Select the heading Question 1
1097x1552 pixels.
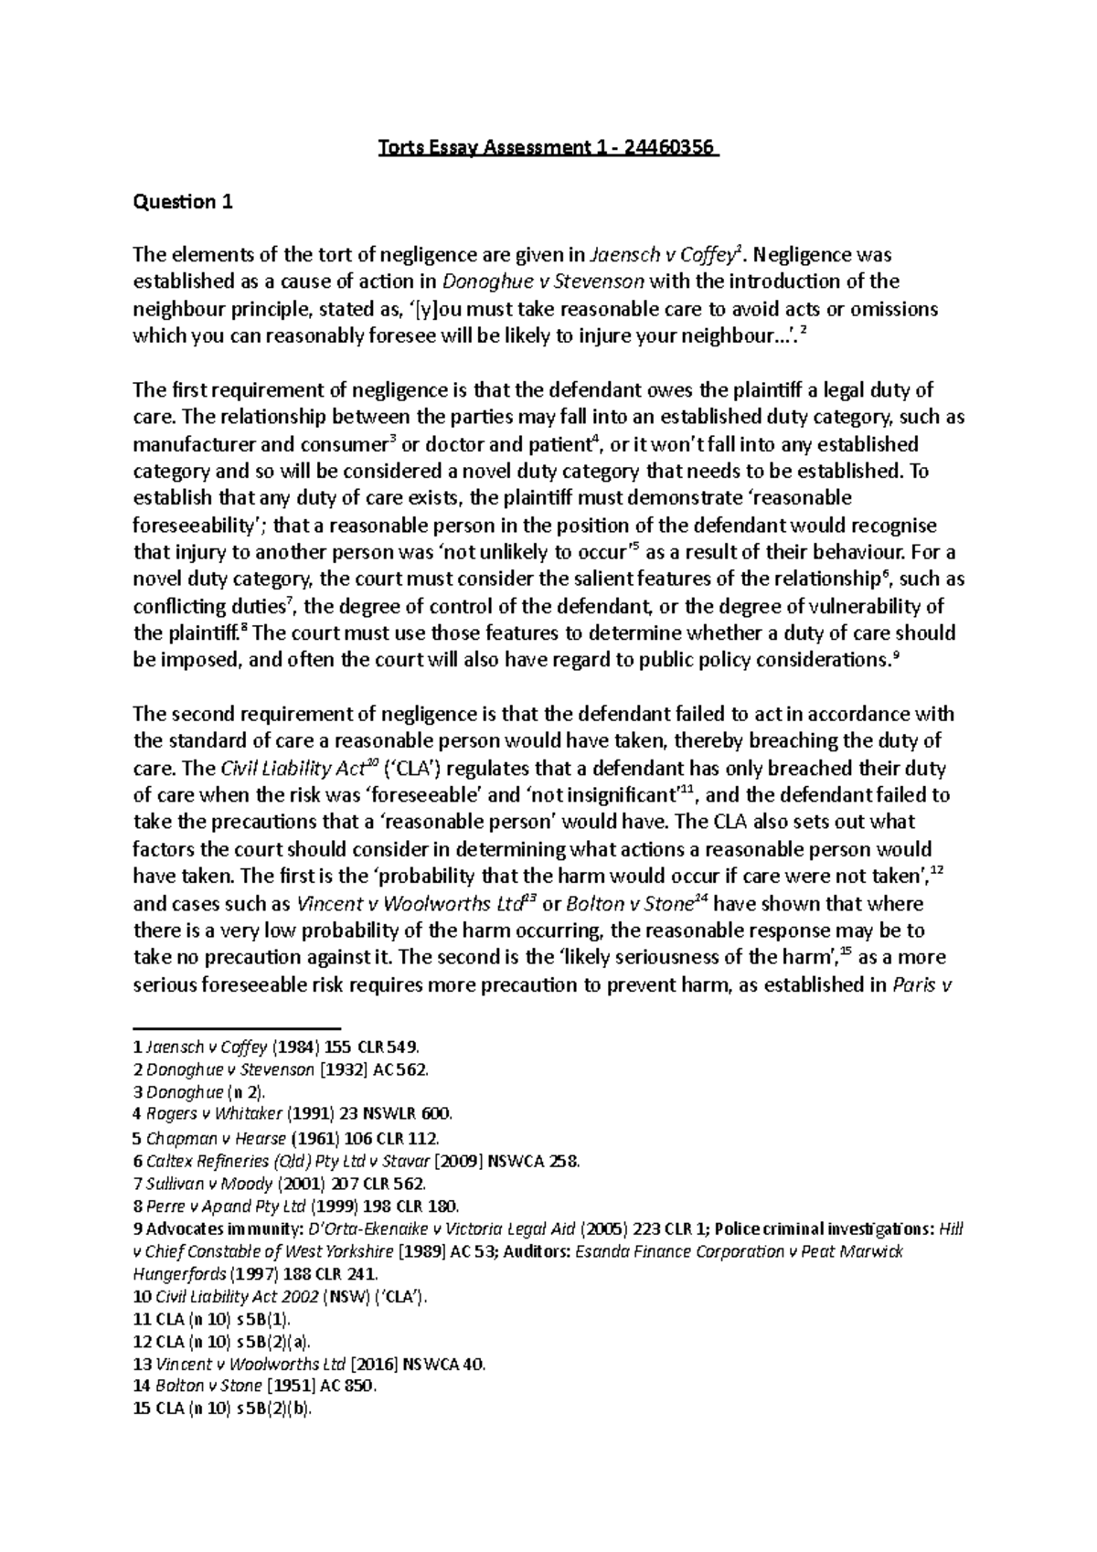point(183,202)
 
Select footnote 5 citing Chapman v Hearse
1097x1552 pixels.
point(286,1138)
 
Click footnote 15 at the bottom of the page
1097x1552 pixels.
point(223,1408)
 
